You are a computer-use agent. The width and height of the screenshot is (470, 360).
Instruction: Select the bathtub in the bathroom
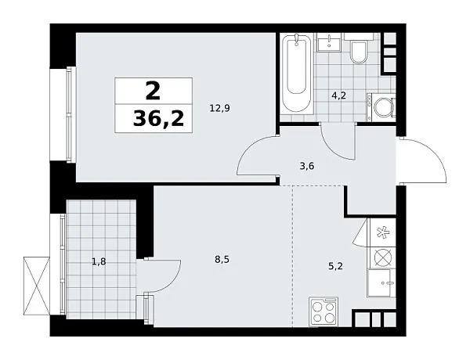coord(298,74)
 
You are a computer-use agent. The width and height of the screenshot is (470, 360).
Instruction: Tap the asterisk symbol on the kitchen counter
coord(384,232)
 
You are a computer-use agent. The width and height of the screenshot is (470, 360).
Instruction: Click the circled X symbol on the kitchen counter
coord(384,256)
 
